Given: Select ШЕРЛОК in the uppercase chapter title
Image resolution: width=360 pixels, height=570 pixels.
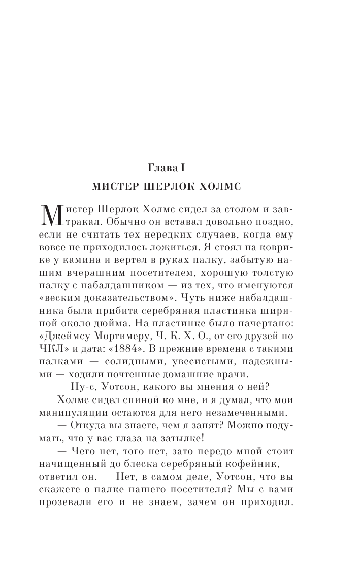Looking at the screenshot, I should pyautogui.click(x=171, y=186).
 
